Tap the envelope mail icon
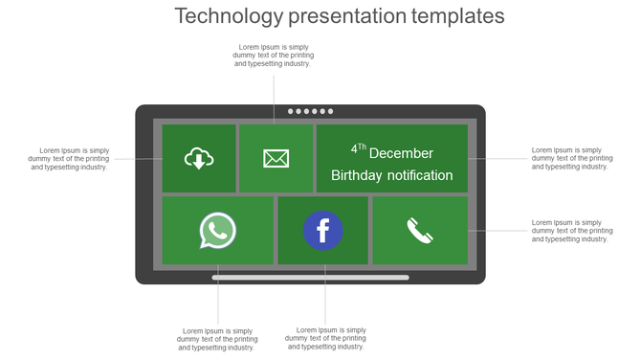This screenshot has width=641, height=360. click(x=276, y=158)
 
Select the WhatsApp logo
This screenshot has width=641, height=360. click(x=218, y=231)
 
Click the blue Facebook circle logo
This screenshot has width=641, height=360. click(x=323, y=231)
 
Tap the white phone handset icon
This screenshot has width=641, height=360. click(x=419, y=231)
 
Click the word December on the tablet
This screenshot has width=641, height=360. click(x=401, y=153)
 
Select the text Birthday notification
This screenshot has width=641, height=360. click(x=391, y=175)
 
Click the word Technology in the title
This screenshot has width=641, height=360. click(x=229, y=16)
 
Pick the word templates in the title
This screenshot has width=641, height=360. click(x=459, y=16)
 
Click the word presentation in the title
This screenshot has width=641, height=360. click(x=348, y=16)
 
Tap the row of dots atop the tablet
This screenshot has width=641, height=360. click(x=311, y=111)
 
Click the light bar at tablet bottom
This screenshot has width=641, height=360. click(x=310, y=278)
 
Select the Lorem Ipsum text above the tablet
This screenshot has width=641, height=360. click(x=273, y=56)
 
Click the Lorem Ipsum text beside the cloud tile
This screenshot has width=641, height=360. click(x=69, y=158)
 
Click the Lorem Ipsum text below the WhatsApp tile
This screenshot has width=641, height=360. click(x=217, y=339)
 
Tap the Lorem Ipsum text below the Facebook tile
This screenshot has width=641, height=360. click(x=325, y=339)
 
